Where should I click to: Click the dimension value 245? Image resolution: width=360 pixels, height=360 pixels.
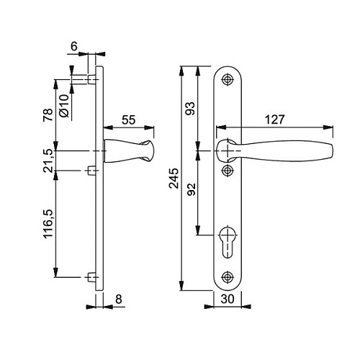tap(174, 178)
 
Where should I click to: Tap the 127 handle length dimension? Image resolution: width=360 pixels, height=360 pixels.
tap(275, 120)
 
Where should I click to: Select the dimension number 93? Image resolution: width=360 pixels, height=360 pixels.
tap(191, 108)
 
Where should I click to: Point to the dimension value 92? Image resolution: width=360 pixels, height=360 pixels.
tap(192, 189)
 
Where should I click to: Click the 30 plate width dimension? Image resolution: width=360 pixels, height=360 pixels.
tap(228, 299)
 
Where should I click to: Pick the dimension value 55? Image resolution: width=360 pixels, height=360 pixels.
tap(128, 120)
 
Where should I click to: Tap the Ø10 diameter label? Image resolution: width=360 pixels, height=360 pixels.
tap(64, 105)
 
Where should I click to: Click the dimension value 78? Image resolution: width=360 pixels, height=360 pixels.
tap(48, 114)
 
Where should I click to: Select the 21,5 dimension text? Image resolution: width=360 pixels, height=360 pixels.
tap(48, 161)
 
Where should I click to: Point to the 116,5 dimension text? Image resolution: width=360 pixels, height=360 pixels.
tap(48, 223)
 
